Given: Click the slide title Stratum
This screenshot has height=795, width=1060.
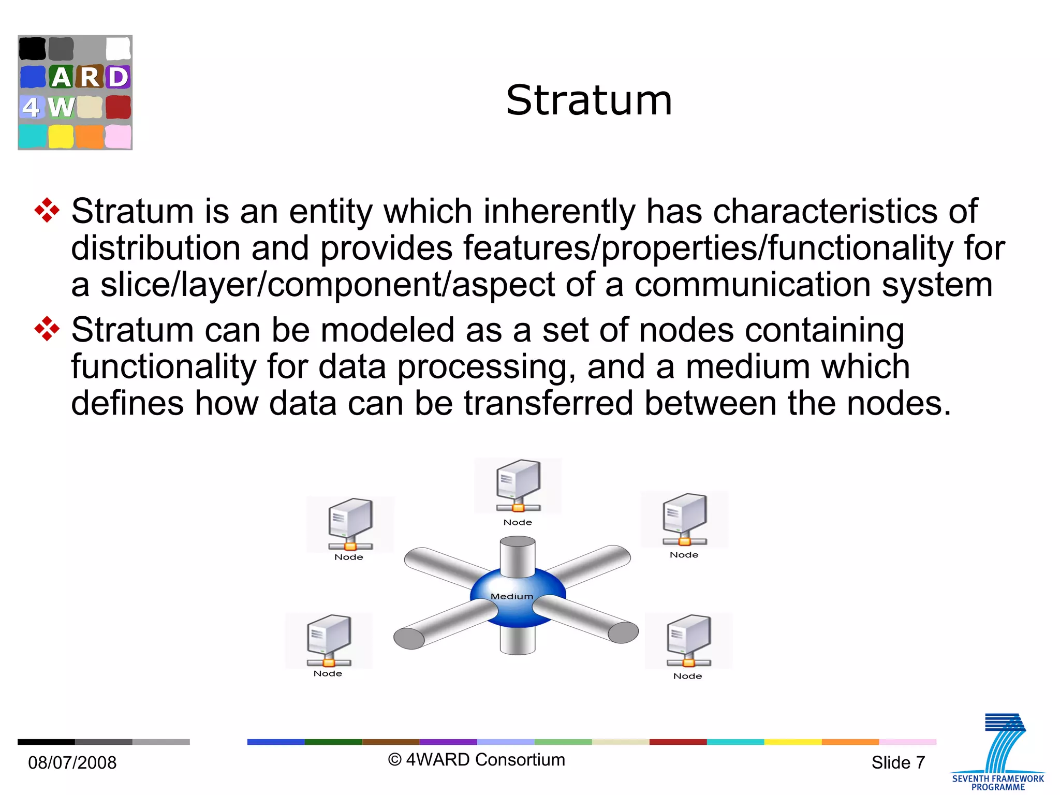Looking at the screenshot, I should coord(588,100).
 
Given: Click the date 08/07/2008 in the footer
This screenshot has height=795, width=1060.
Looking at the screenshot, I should coord(72,762).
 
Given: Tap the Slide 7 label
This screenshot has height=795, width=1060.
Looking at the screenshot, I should coord(898,762).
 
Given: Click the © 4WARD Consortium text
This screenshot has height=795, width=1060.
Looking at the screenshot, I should coord(477,759).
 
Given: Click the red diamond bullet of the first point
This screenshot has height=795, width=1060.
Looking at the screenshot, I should coord(47,211).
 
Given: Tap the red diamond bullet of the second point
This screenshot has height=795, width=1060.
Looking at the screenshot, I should coord(47,329).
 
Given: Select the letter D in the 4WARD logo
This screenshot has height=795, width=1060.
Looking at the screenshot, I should coord(118,77).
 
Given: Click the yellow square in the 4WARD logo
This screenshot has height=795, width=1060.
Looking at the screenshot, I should coord(61,137).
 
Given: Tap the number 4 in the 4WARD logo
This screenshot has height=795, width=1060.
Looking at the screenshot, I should coord(31,107).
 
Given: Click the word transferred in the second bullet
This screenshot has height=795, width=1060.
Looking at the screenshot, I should coord(548,403).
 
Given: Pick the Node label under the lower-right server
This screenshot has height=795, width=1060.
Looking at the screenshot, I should coord(687,676).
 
